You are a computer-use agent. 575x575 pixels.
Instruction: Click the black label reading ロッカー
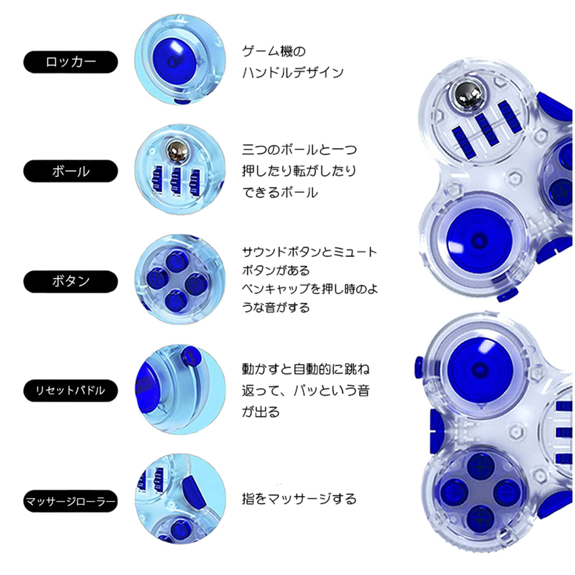click(70, 62)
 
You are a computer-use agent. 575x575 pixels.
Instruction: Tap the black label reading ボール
click(70, 171)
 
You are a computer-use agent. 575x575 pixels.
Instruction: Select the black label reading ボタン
click(70, 281)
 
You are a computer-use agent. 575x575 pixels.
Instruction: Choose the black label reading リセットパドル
click(70, 390)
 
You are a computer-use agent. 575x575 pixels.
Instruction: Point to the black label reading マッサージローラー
click(70, 501)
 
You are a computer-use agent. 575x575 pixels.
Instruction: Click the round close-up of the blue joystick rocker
click(180, 60)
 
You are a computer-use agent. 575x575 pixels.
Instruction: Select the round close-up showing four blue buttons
click(180, 279)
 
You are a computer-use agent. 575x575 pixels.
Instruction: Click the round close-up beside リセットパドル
click(180, 390)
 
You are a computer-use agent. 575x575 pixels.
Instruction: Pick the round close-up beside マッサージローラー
click(180, 499)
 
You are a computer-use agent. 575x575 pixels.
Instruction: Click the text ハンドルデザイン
click(293, 73)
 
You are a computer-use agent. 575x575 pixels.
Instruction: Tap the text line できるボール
click(280, 193)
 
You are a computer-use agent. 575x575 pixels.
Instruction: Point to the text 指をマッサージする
click(299, 499)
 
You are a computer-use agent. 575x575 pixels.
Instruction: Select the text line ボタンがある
click(276, 270)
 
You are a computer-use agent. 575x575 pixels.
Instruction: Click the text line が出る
click(261, 412)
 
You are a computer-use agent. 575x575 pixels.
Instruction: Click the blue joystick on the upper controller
click(479, 240)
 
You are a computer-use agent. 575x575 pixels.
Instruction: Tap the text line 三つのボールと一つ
click(299, 149)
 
